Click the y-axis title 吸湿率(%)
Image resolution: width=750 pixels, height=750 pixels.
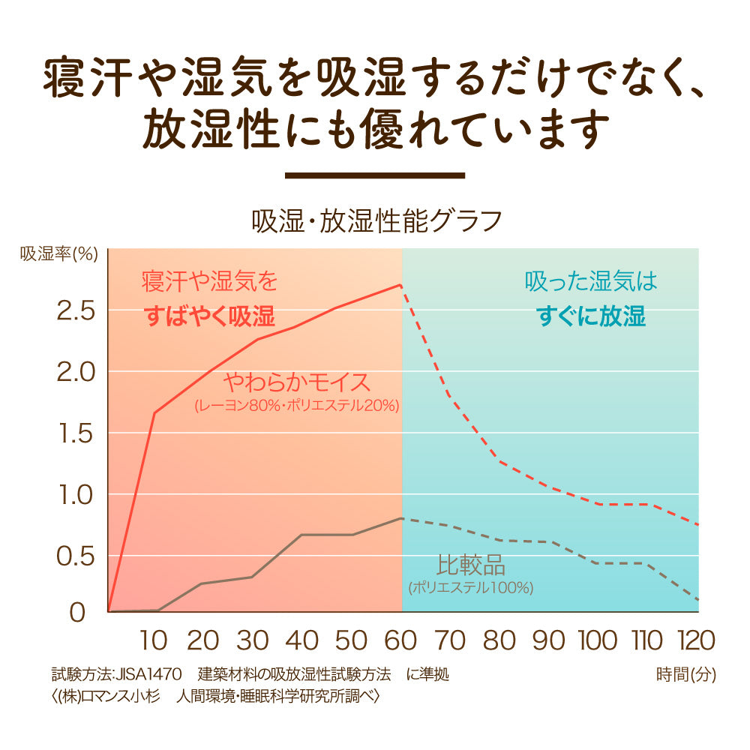(59, 253)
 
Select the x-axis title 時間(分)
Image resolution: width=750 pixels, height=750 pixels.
(685, 674)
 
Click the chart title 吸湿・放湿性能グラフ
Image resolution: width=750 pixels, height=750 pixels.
(376, 221)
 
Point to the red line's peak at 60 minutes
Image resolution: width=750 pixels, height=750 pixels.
(402, 285)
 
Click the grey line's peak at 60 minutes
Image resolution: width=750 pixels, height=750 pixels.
(402, 517)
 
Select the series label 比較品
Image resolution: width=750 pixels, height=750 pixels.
(471, 564)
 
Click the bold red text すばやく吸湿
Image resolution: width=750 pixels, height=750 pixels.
(209, 316)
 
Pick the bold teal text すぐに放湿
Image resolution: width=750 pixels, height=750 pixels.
(591, 316)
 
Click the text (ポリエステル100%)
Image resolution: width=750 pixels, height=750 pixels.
(471, 588)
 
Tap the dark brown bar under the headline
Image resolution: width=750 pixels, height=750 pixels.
(376, 175)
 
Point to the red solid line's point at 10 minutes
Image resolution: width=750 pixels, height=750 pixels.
(154, 412)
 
